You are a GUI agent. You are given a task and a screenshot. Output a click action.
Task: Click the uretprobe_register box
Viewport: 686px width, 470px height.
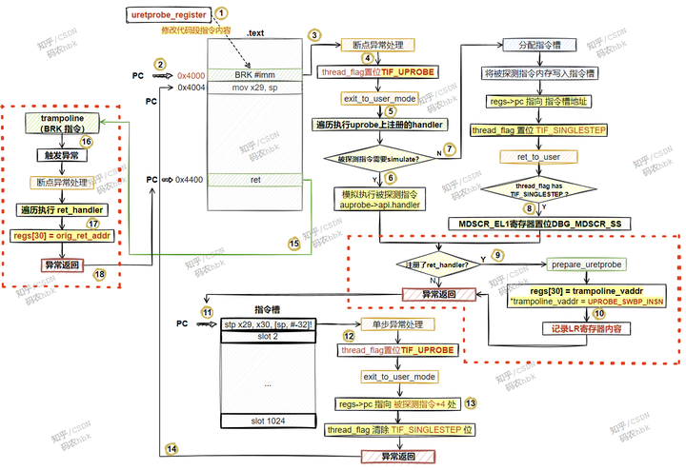pos(169,14)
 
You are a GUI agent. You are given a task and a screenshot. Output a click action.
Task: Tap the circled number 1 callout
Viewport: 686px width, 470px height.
pos(221,13)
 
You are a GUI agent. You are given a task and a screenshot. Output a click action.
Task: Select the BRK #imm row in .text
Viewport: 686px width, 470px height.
pos(254,74)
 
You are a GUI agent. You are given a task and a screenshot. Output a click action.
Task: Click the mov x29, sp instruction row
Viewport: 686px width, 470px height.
pos(254,88)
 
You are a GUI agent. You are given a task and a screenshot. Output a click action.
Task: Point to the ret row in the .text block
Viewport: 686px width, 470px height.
pos(254,178)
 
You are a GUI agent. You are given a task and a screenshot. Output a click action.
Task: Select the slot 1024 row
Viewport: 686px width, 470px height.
pos(268,421)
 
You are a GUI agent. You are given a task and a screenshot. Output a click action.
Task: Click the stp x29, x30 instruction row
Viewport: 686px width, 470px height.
pos(268,324)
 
